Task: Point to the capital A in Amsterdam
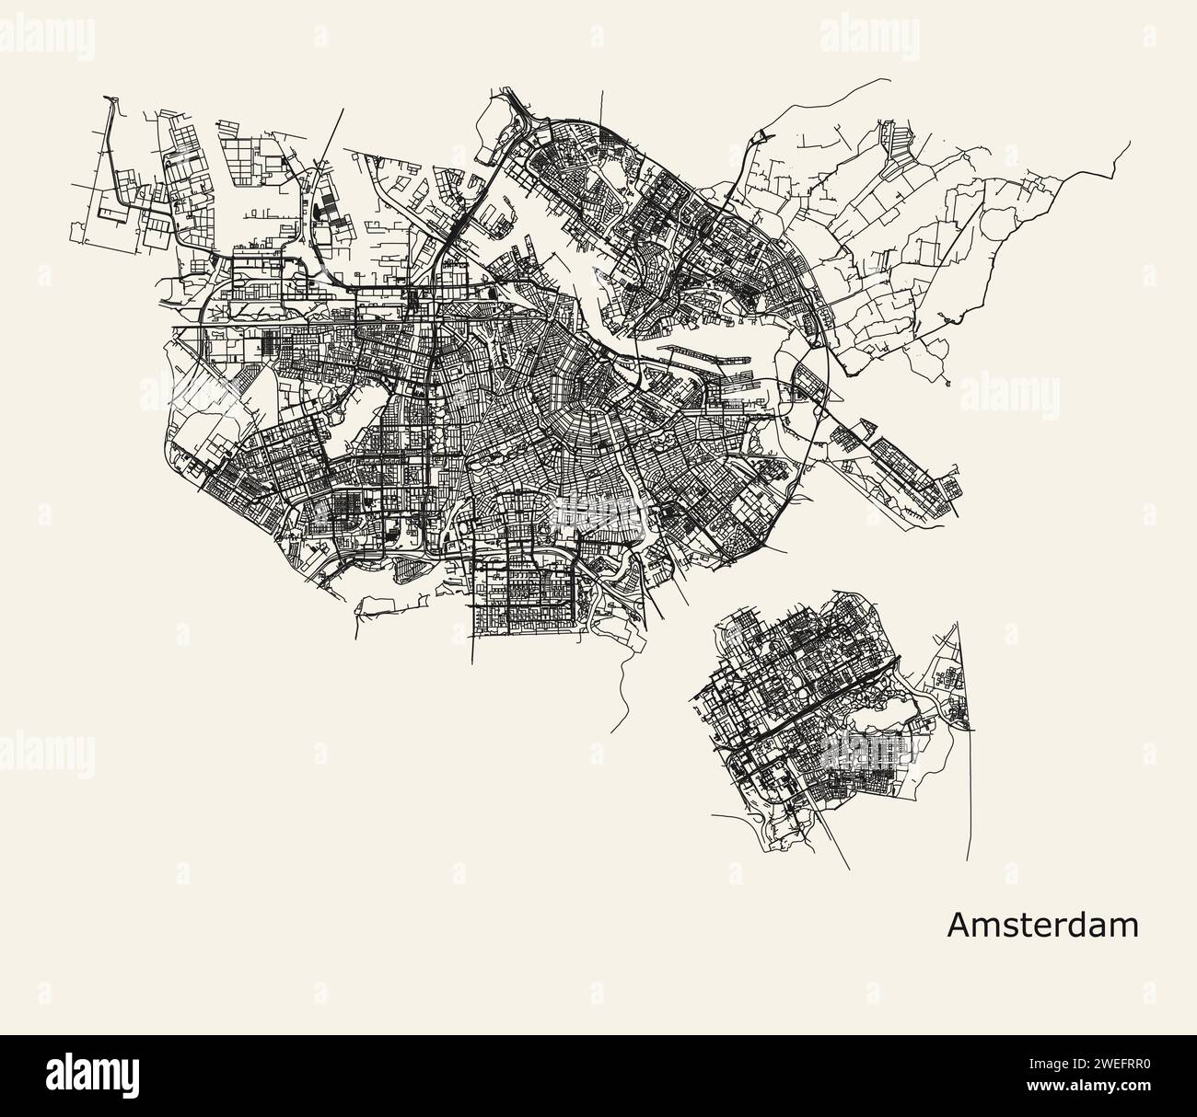958,925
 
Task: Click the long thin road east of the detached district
966,782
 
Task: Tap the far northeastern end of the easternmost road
1129,144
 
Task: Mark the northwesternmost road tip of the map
108,96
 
